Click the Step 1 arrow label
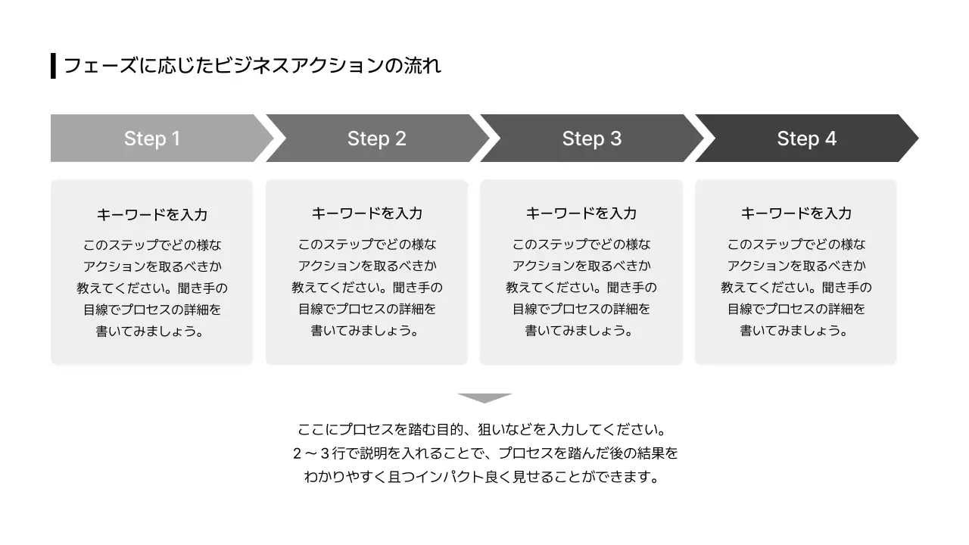(x=152, y=139)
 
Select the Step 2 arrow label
(x=376, y=139)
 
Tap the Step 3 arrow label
(x=591, y=139)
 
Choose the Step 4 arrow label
(x=806, y=139)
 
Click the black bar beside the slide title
(x=53, y=66)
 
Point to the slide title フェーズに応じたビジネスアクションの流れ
(x=252, y=66)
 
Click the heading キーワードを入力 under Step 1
(x=152, y=214)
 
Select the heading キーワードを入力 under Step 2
(x=367, y=213)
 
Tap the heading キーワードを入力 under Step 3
(x=581, y=213)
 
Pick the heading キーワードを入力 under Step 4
(x=796, y=213)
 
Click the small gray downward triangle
(x=485, y=398)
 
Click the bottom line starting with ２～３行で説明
(x=484, y=453)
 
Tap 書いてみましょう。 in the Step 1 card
(x=152, y=332)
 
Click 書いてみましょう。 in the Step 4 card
(x=796, y=331)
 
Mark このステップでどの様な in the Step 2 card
(x=367, y=244)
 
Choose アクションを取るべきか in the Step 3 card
(x=581, y=266)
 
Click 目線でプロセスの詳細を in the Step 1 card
(x=152, y=310)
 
